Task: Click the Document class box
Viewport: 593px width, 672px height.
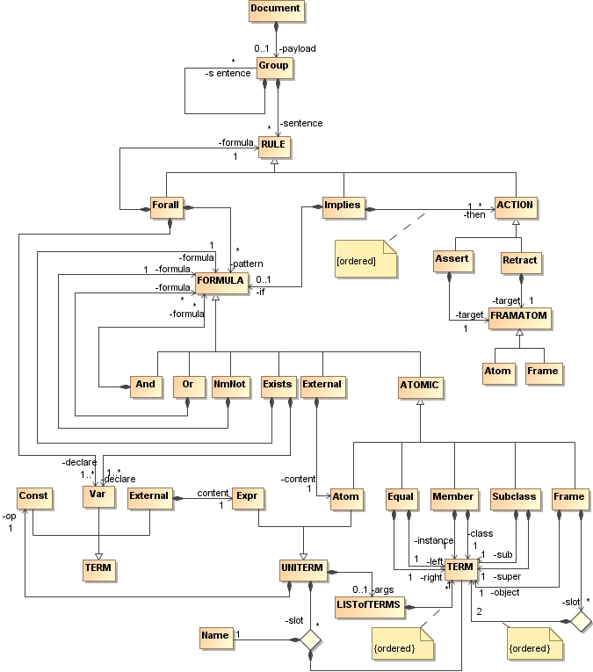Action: (x=276, y=11)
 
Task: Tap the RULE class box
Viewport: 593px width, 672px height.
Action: (x=274, y=146)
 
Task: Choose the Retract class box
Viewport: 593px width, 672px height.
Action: (x=520, y=261)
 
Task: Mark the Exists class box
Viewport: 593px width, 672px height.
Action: (x=277, y=385)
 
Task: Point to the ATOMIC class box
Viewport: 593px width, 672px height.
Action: (x=419, y=385)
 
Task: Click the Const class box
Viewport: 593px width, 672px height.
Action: (x=33, y=497)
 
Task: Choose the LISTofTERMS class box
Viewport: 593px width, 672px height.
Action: (x=368, y=605)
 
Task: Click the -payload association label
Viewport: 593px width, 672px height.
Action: (x=298, y=47)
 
